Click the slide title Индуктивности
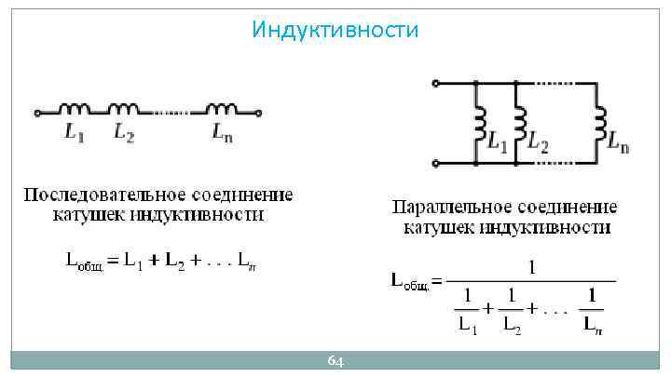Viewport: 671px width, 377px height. click(335, 31)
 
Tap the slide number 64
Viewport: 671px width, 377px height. click(335, 361)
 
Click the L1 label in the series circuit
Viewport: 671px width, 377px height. click(75, 134)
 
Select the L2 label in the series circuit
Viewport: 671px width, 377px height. click(124, 134)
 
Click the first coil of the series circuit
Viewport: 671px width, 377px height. click(75, 109)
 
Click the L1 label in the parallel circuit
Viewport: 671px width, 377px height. click(499, 145)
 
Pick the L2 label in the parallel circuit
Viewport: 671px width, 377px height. click(538, 145)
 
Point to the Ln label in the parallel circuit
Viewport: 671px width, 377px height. click(618, 145)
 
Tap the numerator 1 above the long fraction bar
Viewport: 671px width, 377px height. click(532, 267)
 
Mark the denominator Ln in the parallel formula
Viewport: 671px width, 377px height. click(592, 325)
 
